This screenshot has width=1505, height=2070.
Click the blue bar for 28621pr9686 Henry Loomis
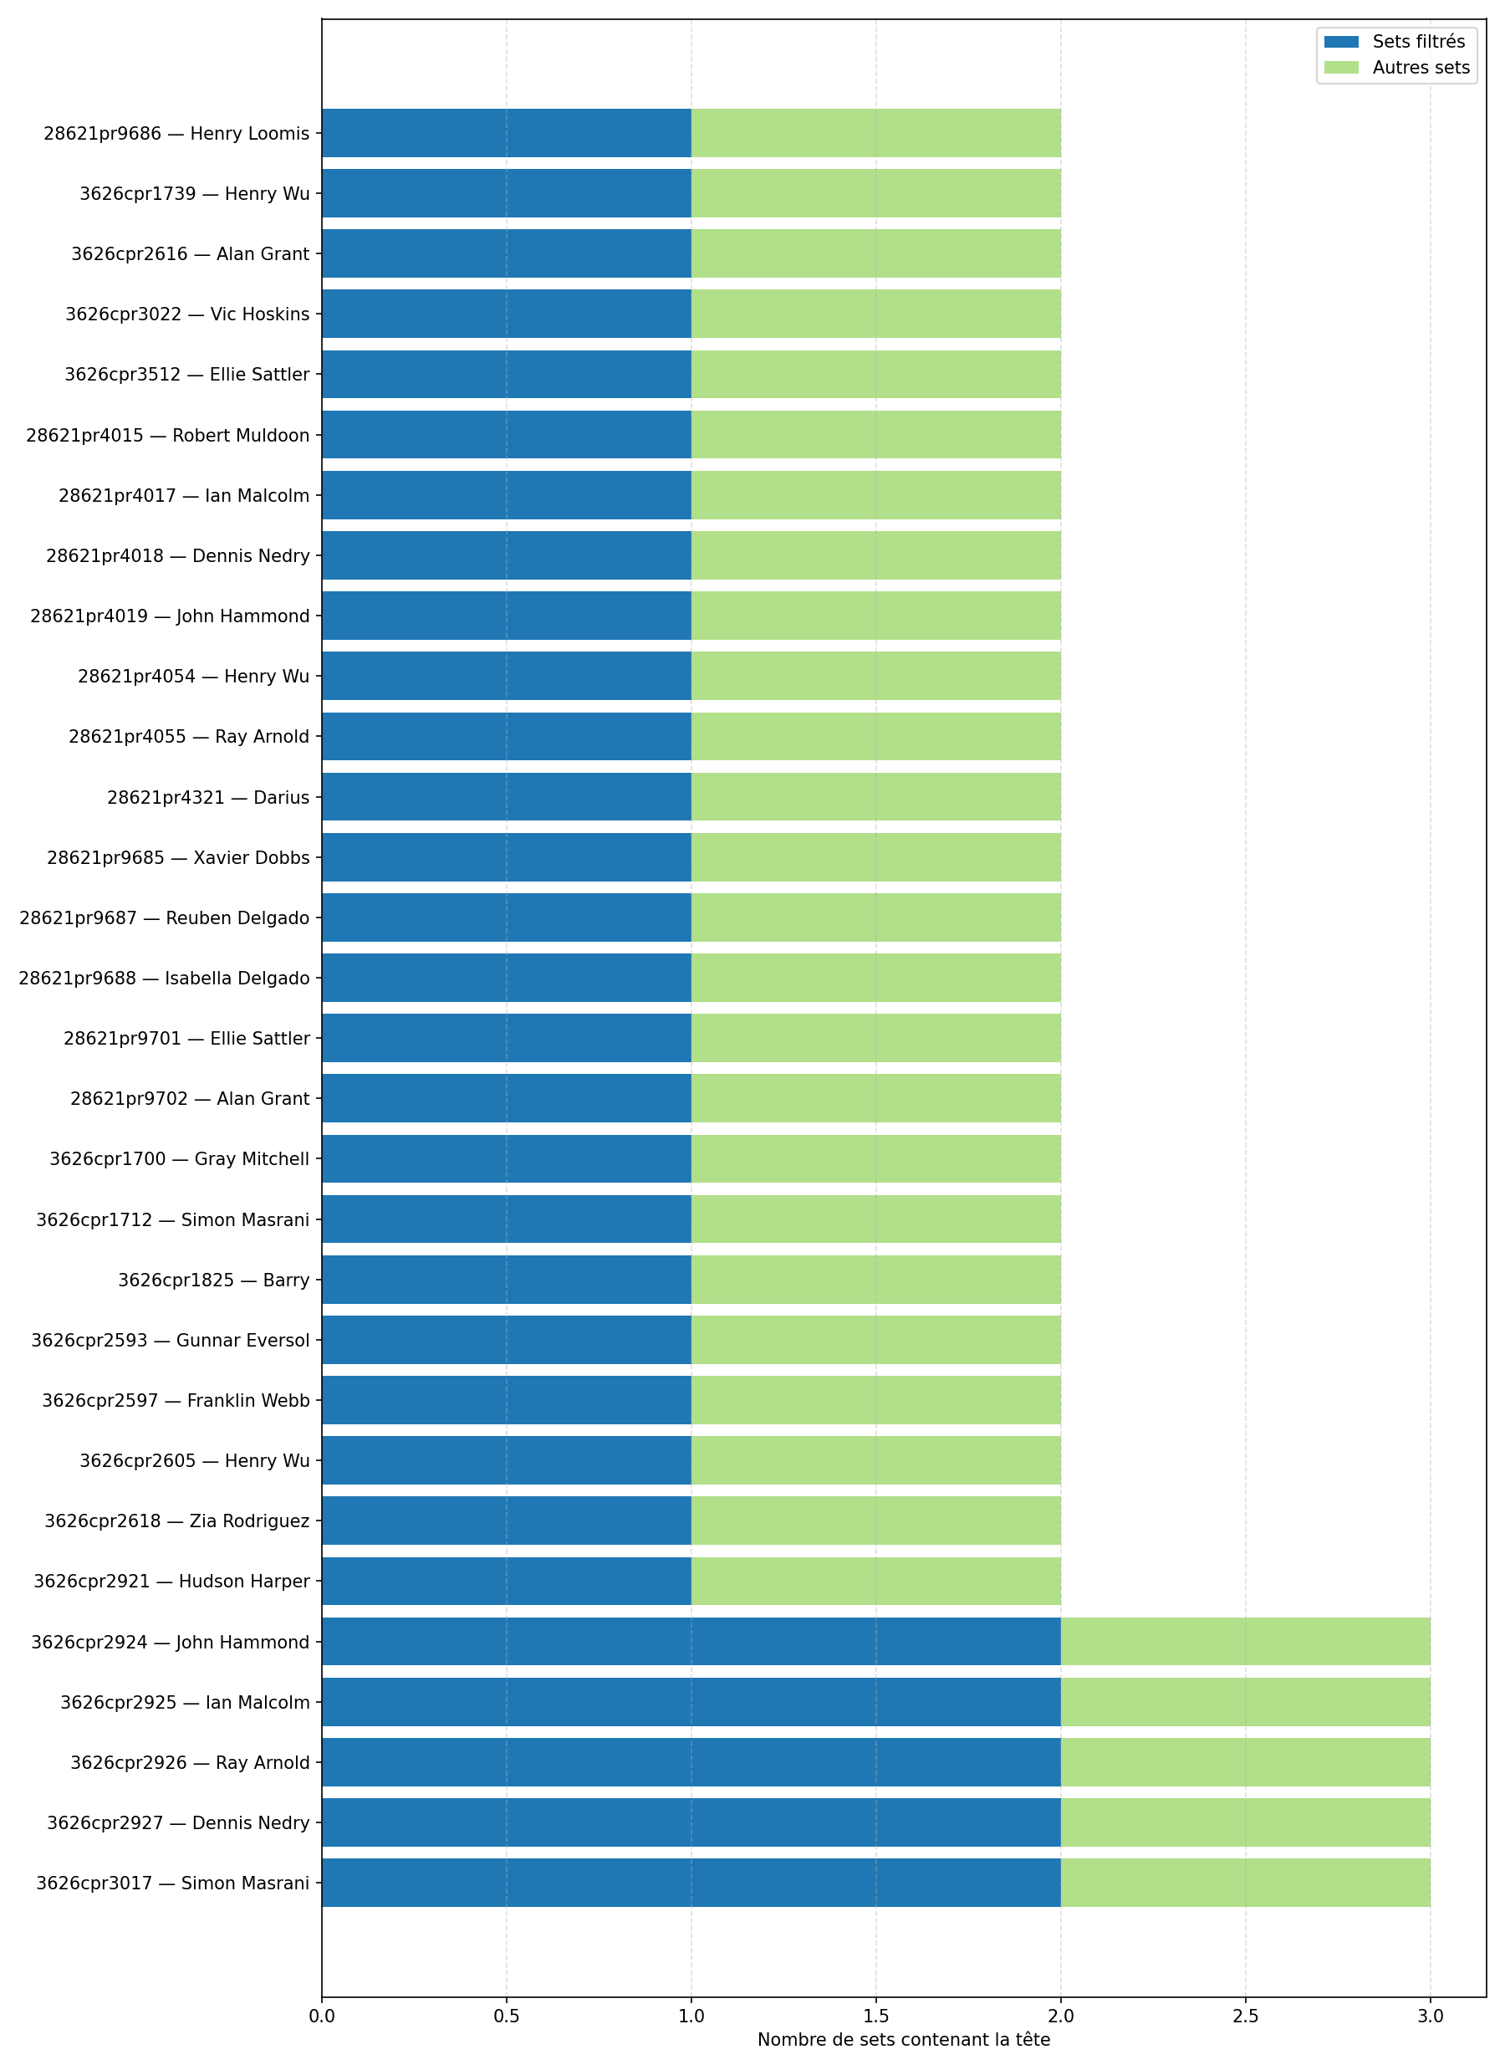pos(506,133)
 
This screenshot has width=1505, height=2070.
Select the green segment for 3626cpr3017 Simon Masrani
pos(1245,1882)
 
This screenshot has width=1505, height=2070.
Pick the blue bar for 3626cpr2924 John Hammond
pos(690,1642)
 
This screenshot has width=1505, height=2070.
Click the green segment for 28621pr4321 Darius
pos(875,797)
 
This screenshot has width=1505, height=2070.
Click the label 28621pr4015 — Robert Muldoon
pos(168,436)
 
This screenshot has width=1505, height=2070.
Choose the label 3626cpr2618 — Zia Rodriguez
pos(177,1521)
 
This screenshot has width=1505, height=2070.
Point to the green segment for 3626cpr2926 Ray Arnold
pos(1245,1762)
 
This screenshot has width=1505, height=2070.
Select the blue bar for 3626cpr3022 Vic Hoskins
pos(506,314)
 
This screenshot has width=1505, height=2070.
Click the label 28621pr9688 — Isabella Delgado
pos(164,979)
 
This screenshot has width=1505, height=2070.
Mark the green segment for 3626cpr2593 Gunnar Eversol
pos(875,1340)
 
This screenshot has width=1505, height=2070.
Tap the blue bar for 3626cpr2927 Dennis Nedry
pos(690,1822)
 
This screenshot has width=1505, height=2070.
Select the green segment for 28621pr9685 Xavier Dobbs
pos(875,857)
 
